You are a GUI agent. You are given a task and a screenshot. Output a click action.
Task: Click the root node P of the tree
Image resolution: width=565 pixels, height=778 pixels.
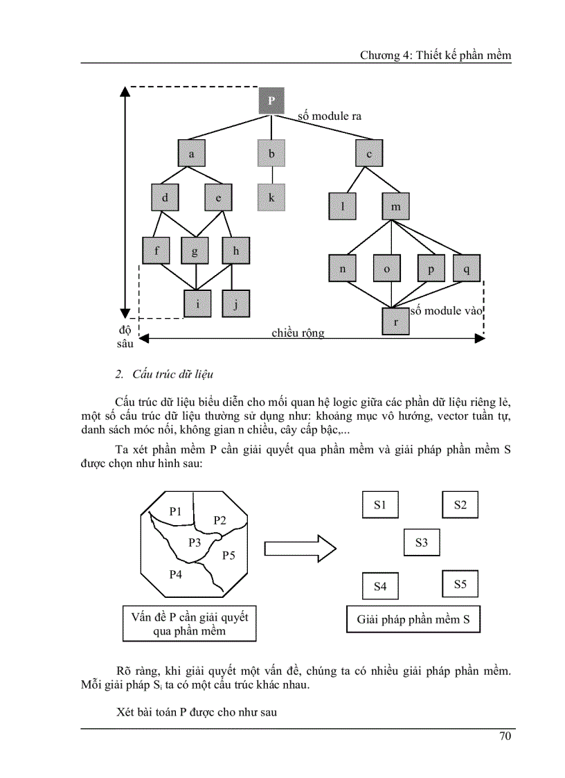coord(271,101)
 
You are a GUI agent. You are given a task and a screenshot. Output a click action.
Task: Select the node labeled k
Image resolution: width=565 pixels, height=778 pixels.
coord(271,197)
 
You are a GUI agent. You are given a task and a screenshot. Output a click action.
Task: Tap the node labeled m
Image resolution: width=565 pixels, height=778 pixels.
coord(395,206)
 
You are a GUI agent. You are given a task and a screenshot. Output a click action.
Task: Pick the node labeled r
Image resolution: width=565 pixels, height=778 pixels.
coord(395,321)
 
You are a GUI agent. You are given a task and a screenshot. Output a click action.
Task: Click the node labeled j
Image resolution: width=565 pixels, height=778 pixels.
coord(236,303)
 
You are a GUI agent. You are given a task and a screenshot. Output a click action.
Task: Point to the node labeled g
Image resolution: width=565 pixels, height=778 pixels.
coord(195,251)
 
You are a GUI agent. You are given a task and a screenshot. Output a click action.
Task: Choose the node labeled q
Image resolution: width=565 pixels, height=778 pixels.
coord(466,269)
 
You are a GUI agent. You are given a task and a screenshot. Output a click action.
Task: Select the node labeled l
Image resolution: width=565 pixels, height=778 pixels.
coord(343,206)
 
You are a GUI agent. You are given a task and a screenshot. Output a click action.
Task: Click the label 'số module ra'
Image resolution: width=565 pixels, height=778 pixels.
coord(330,116)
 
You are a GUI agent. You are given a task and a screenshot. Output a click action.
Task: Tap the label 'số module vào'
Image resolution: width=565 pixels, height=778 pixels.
coord(445,311)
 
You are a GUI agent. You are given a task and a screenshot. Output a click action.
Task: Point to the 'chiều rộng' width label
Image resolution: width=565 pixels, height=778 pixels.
coord(298,333)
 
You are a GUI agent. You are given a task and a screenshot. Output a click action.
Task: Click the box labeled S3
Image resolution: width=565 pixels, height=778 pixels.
coord(422,542)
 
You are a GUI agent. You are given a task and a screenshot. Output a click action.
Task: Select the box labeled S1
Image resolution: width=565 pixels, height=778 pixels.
coord(379,504)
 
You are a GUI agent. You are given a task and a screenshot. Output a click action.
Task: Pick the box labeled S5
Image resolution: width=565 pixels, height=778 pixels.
coord(460,584)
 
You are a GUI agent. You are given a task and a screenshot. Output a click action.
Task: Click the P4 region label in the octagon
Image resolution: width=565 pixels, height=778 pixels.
coord(176,574)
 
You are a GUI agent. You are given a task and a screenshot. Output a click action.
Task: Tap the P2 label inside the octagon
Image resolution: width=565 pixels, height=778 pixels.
coord(220,520)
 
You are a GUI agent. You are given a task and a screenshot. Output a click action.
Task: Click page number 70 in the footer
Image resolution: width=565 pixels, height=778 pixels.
coord(505,736)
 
